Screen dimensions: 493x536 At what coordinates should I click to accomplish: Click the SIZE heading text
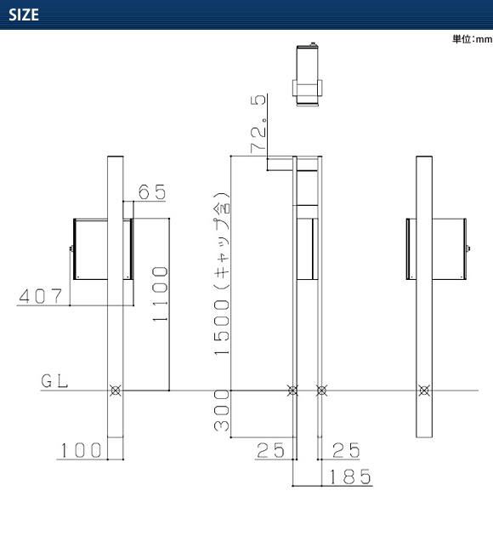click(24, 14)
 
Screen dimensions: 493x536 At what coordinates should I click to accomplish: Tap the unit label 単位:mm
click(472, 39)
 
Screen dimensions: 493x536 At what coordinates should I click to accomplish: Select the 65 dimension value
click(152, 191)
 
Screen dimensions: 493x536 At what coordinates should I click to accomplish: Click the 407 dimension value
click(41, 296)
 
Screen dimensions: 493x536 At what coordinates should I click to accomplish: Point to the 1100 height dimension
click(160, 294)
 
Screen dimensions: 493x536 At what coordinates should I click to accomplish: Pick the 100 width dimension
click(81, 450)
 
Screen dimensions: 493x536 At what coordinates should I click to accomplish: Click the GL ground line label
click(54, 381)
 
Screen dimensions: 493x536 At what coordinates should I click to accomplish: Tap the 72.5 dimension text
click(258, 123)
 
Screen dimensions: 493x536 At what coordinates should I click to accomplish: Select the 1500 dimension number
click(222, 328)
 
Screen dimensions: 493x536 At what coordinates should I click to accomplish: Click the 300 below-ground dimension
click(222, 410)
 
